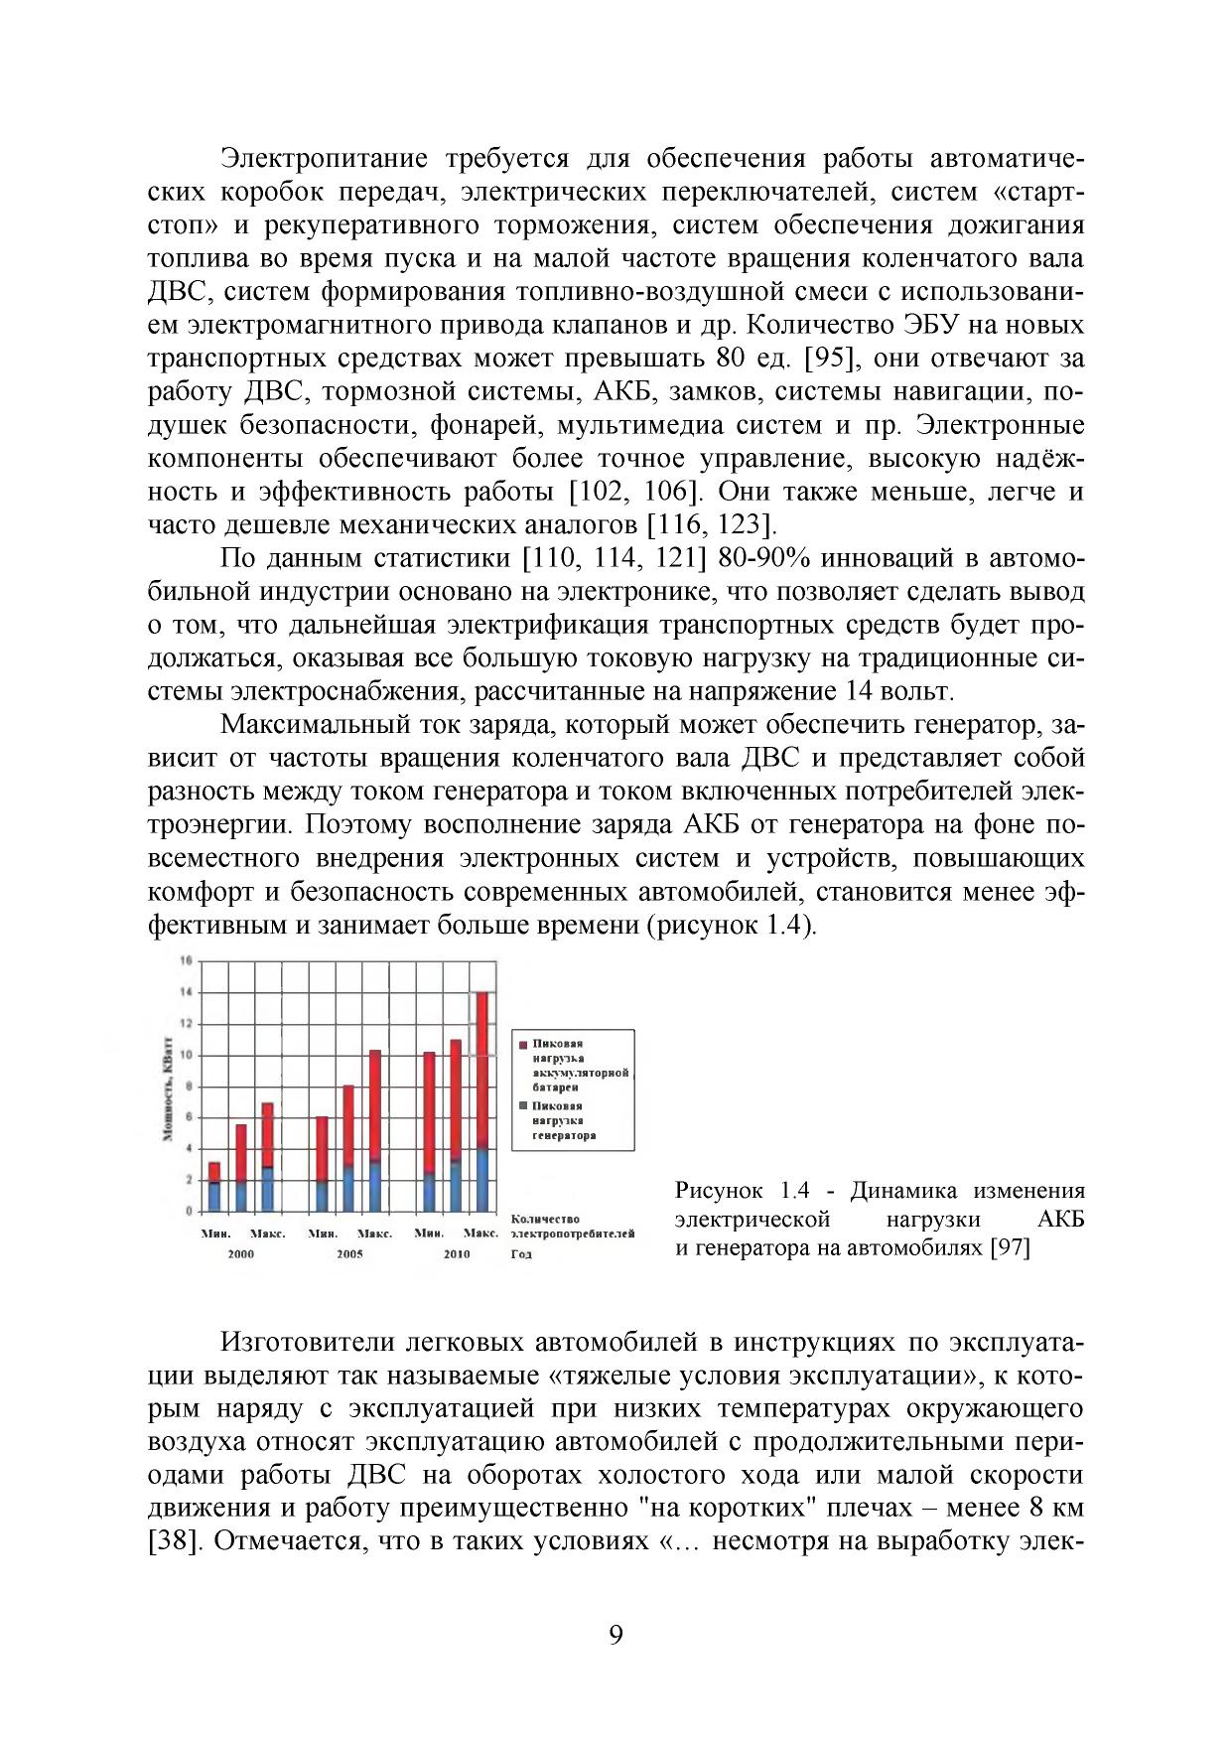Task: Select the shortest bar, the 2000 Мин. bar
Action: [x=213, y=1187]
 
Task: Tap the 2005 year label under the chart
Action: [x=349, y=1254]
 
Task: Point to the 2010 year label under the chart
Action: [x=457, y=1254]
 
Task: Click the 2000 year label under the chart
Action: [x=241, y=1254]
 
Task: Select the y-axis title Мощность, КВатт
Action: [x=168, y=1087]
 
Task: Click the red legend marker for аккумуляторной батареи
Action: [x=524, y=1044]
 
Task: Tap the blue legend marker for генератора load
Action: [x=524, y=1105]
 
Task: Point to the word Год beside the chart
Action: [x=522, y=1254]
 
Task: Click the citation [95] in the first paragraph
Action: [x=827, y=358]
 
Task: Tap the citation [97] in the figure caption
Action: [x=1010, y=1248]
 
